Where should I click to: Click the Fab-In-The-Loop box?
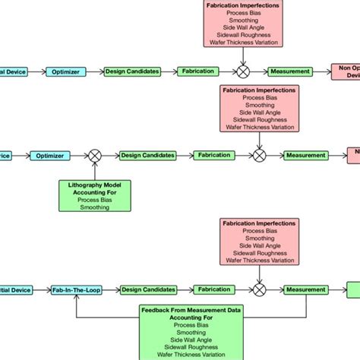tap(74, 289)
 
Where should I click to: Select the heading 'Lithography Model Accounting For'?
tap(94, 188)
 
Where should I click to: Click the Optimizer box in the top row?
tap(67, 71)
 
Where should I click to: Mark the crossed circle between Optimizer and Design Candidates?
tap(95, 156)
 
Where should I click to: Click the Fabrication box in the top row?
tap(199, 71)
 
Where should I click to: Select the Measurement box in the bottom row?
tap(305, 289)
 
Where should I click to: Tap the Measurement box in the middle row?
tap(305, 156)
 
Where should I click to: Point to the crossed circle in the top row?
tap(243, 71)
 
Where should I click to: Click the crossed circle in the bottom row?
tap(259, 289)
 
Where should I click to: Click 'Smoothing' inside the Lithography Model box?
tap(94, 207)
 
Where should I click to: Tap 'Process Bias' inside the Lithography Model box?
tap(94, 199)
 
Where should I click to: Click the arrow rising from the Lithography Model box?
tap(95, 170)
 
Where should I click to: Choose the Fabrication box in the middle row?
tap(215, 156)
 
